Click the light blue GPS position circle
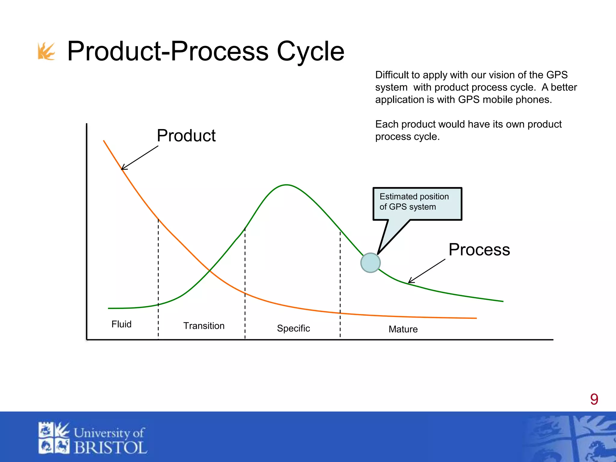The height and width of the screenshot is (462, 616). (x=370, y=263)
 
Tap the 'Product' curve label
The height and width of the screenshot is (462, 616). (x=186, y=136)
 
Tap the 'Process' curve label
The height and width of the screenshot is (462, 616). (x=479, y=250)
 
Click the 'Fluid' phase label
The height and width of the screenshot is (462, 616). (x=121, y=324)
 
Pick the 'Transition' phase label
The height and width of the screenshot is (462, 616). (x=204, y=326)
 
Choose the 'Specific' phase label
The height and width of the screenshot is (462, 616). (x=293, y=328)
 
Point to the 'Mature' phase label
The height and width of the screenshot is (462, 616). (x=403, y=329)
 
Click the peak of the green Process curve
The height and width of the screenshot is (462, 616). (x=286, y=185)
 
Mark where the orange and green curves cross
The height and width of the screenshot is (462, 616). (x=210, y=271)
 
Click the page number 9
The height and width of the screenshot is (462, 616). (x=594, y=399)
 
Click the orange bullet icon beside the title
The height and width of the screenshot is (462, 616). (x=46, y=51)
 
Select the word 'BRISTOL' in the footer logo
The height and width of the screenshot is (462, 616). (x=110, y=448)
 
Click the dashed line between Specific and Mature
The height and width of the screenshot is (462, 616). (x=340, y=286)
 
